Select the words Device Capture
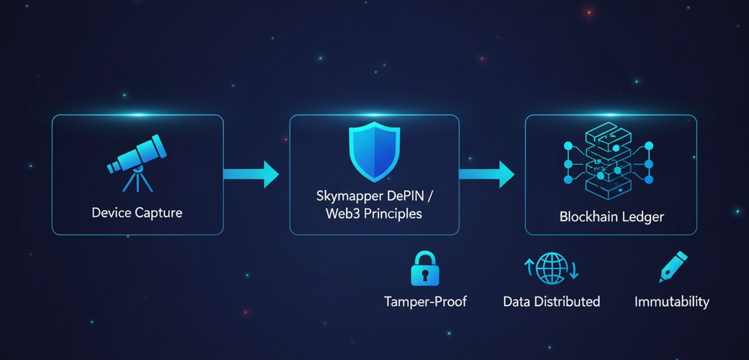pos(137,214)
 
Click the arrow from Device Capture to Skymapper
pos(251,174)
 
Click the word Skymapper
pos(346,197)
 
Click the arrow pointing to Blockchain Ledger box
pos(486,174)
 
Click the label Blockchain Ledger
pos(611,217)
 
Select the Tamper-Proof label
pos(425,301)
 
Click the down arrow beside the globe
pos(573,271)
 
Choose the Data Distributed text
pos(552,301)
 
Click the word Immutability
pos(671,301)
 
